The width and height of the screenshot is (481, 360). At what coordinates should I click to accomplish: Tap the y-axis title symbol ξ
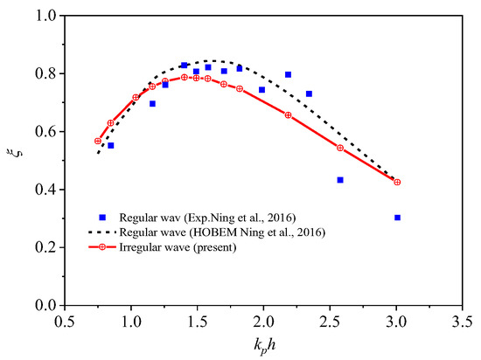coord(12,159)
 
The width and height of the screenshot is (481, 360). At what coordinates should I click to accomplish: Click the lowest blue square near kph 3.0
coord(398,218)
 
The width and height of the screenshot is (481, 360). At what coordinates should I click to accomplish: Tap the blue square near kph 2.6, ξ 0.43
coord(340,180)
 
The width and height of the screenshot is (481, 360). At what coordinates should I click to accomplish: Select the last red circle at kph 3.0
coord(397,182)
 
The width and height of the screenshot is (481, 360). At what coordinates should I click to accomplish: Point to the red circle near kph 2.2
coord(289,115)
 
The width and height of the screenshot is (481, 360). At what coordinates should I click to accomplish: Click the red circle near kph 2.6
coord(340,148)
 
